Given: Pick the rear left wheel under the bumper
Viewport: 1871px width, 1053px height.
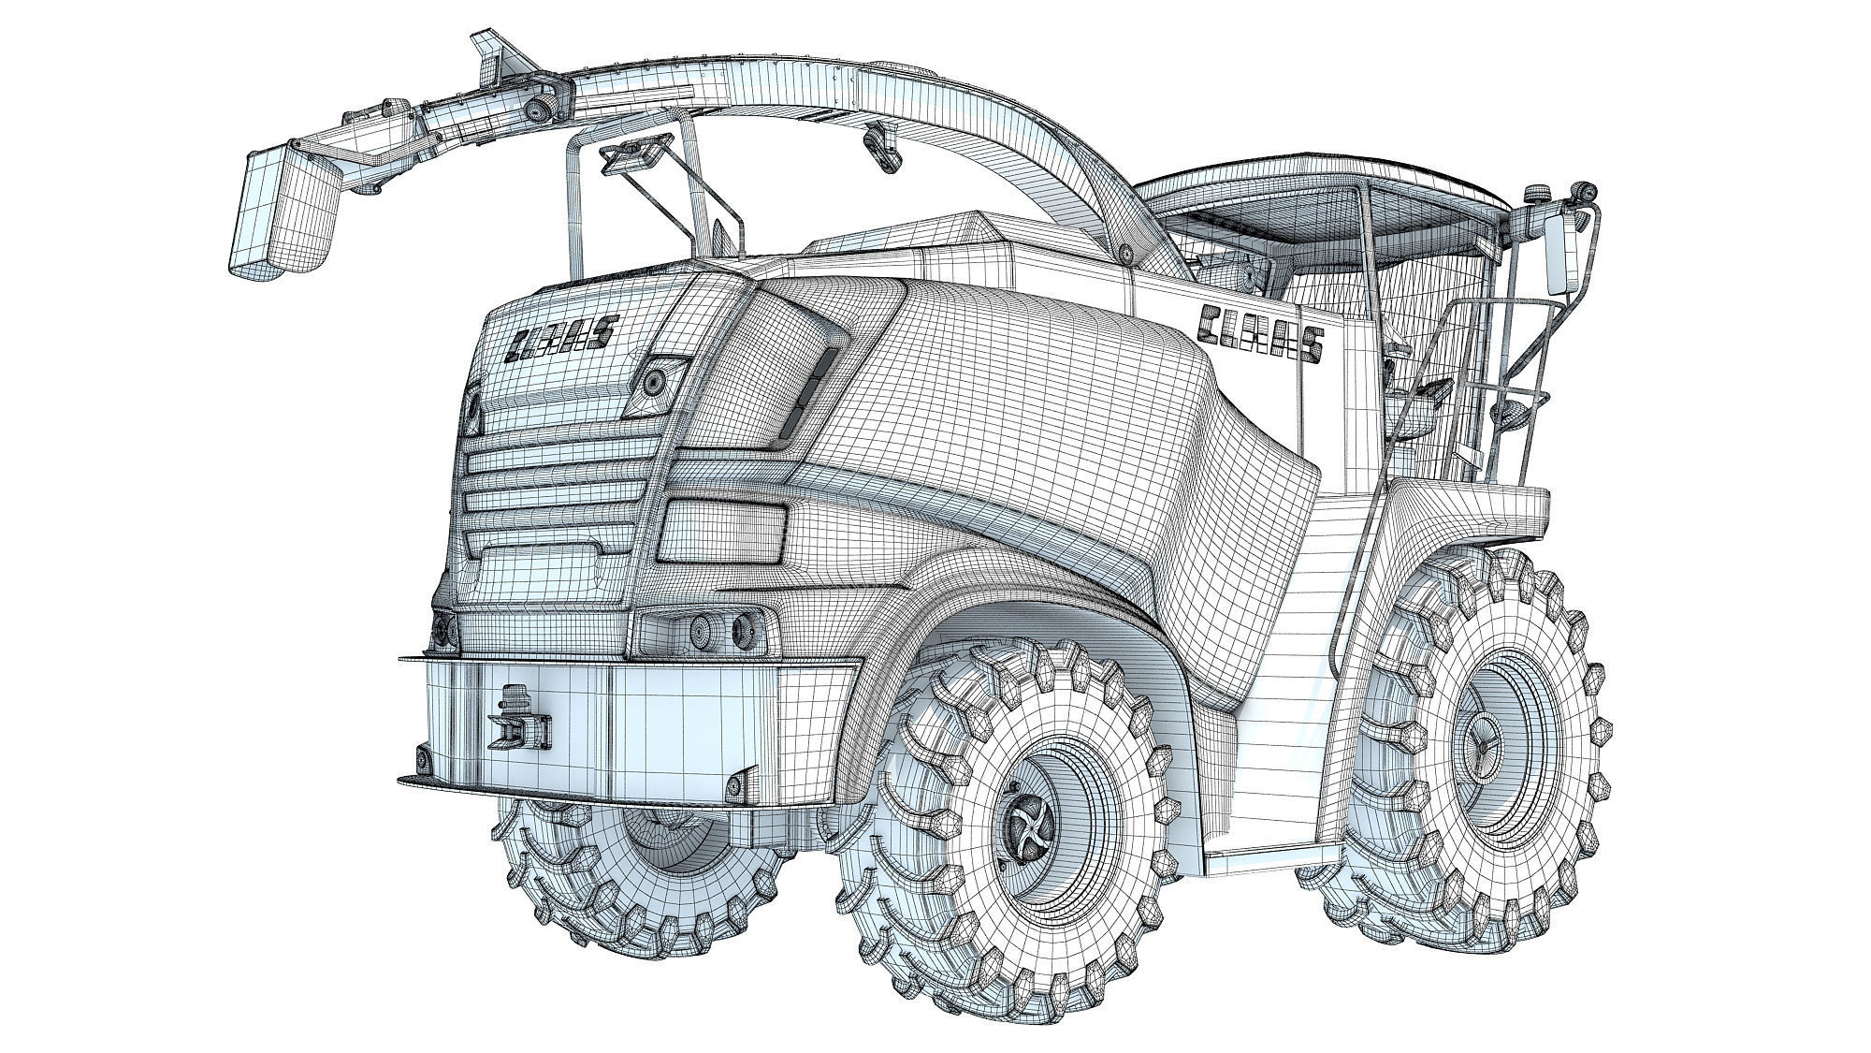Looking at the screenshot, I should [x=636, y=870].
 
